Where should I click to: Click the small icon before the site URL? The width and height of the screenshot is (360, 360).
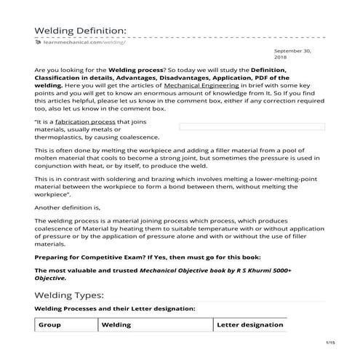click(x=38, y=44)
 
